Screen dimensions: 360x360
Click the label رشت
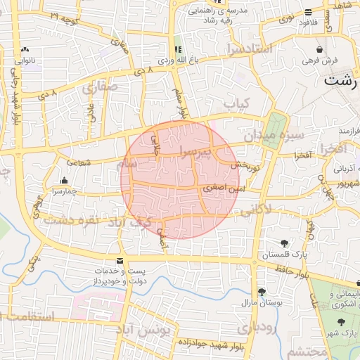(x=340, y=80)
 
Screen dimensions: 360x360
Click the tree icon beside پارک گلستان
(x=283, y=243)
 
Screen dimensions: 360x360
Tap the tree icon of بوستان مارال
(x=262, y=292)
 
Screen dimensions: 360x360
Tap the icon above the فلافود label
(x=308, y=12)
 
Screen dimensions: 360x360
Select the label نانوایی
(x=25, y=60)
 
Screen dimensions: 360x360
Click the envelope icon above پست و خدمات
(x=122, y=260)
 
